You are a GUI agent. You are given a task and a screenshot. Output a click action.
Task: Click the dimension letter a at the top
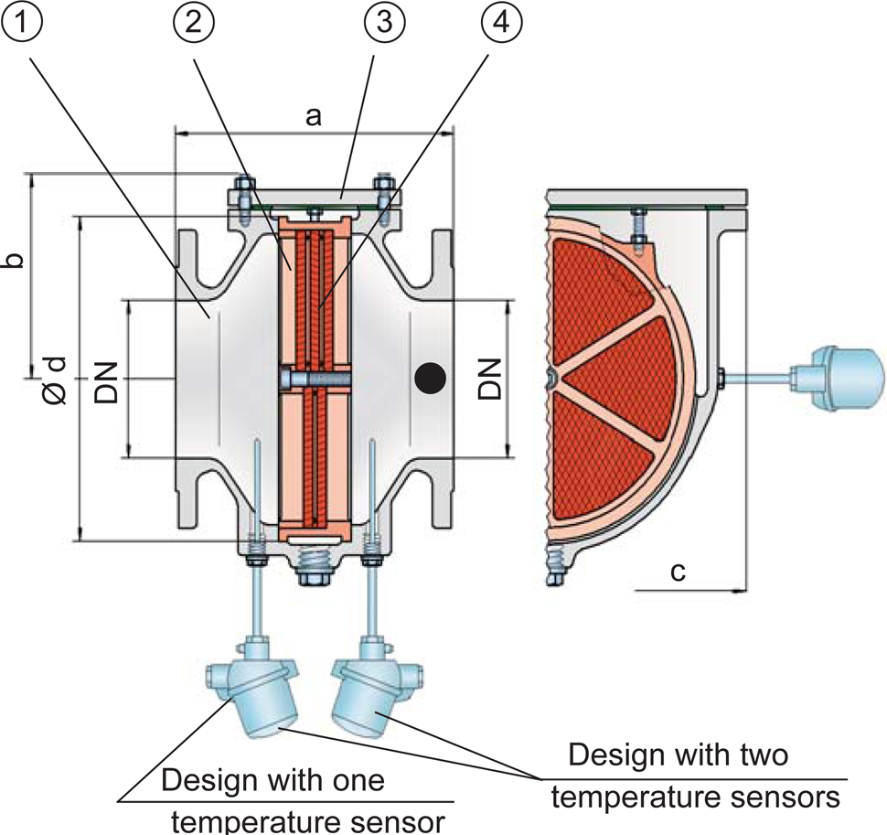click(x=314, y=116)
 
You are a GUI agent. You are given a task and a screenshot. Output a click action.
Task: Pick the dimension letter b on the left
click(x=13, y=259)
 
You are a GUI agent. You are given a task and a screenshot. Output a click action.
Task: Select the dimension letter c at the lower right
click(x=678, y=573)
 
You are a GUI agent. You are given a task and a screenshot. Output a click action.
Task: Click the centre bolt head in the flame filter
click(x=290, y=377)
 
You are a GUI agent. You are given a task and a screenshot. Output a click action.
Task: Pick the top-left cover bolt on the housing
click(x=241, y=195)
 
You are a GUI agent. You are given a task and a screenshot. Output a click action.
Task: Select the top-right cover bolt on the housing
click(x=385, y=195)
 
